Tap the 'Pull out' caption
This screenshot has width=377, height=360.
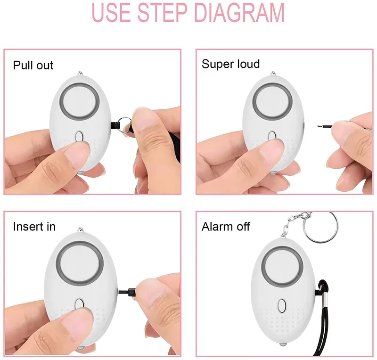click(x=33, y=65)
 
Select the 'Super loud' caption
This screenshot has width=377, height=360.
click(x=230, y=64)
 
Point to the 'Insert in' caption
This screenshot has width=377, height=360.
click(x=34, y=227)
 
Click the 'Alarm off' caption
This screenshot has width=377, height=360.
click(x=226, y=227)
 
